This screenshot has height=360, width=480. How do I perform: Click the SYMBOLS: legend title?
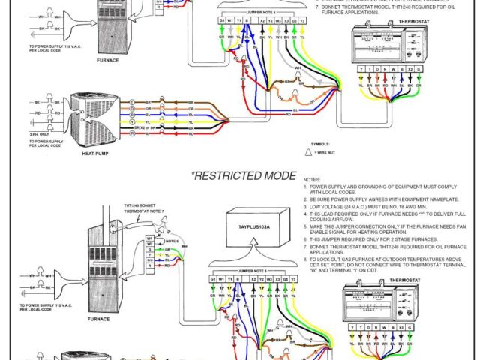pyautogui.click(x=319, y=143)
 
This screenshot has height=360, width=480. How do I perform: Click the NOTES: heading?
pyautogui.click(x=311, y=180)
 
